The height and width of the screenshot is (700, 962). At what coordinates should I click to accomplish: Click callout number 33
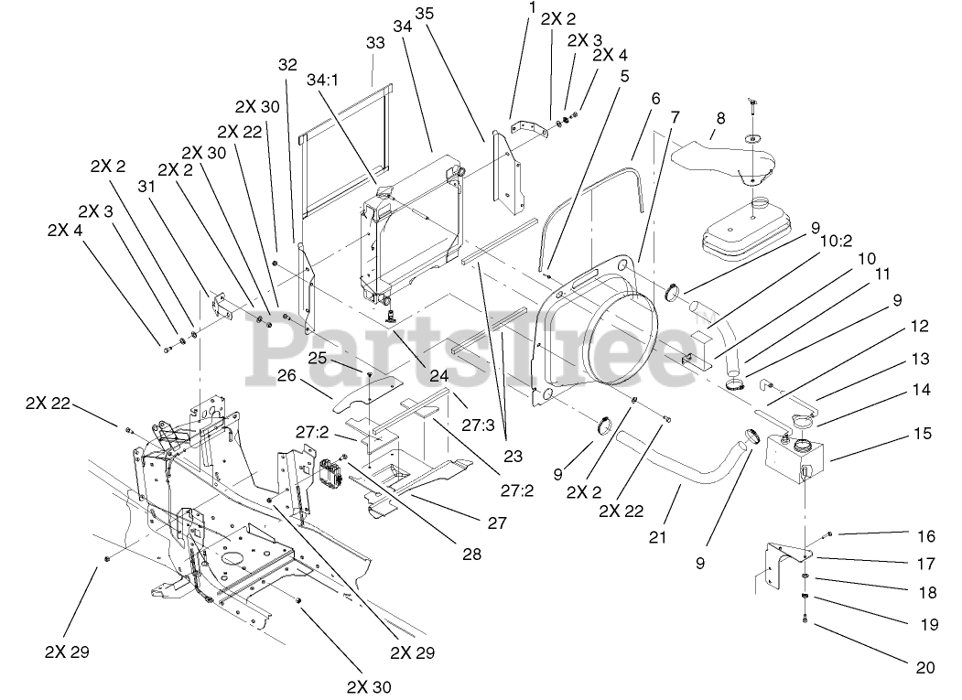coord(376,43)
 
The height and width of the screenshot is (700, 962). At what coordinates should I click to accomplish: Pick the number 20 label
coord(924,668)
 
